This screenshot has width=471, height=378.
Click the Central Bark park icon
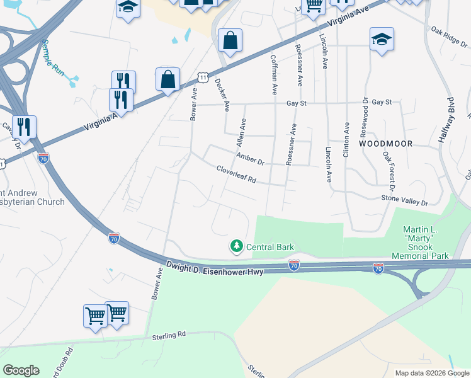pos(237,246)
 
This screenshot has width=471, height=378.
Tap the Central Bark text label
pos(271,247)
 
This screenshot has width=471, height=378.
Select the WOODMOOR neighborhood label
pos(386,144)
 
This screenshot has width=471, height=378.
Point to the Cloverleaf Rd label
pos(236,175)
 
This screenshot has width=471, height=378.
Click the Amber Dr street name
pos(250,158)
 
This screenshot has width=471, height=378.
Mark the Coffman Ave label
pos(273,74)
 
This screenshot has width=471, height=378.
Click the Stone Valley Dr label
pos(405,202)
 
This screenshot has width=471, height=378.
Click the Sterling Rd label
pos(170,336)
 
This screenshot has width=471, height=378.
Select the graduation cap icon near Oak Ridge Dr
pos(382,40)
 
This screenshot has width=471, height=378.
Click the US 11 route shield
pos(201,77)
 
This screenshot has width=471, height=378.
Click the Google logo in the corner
pos(21,370)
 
